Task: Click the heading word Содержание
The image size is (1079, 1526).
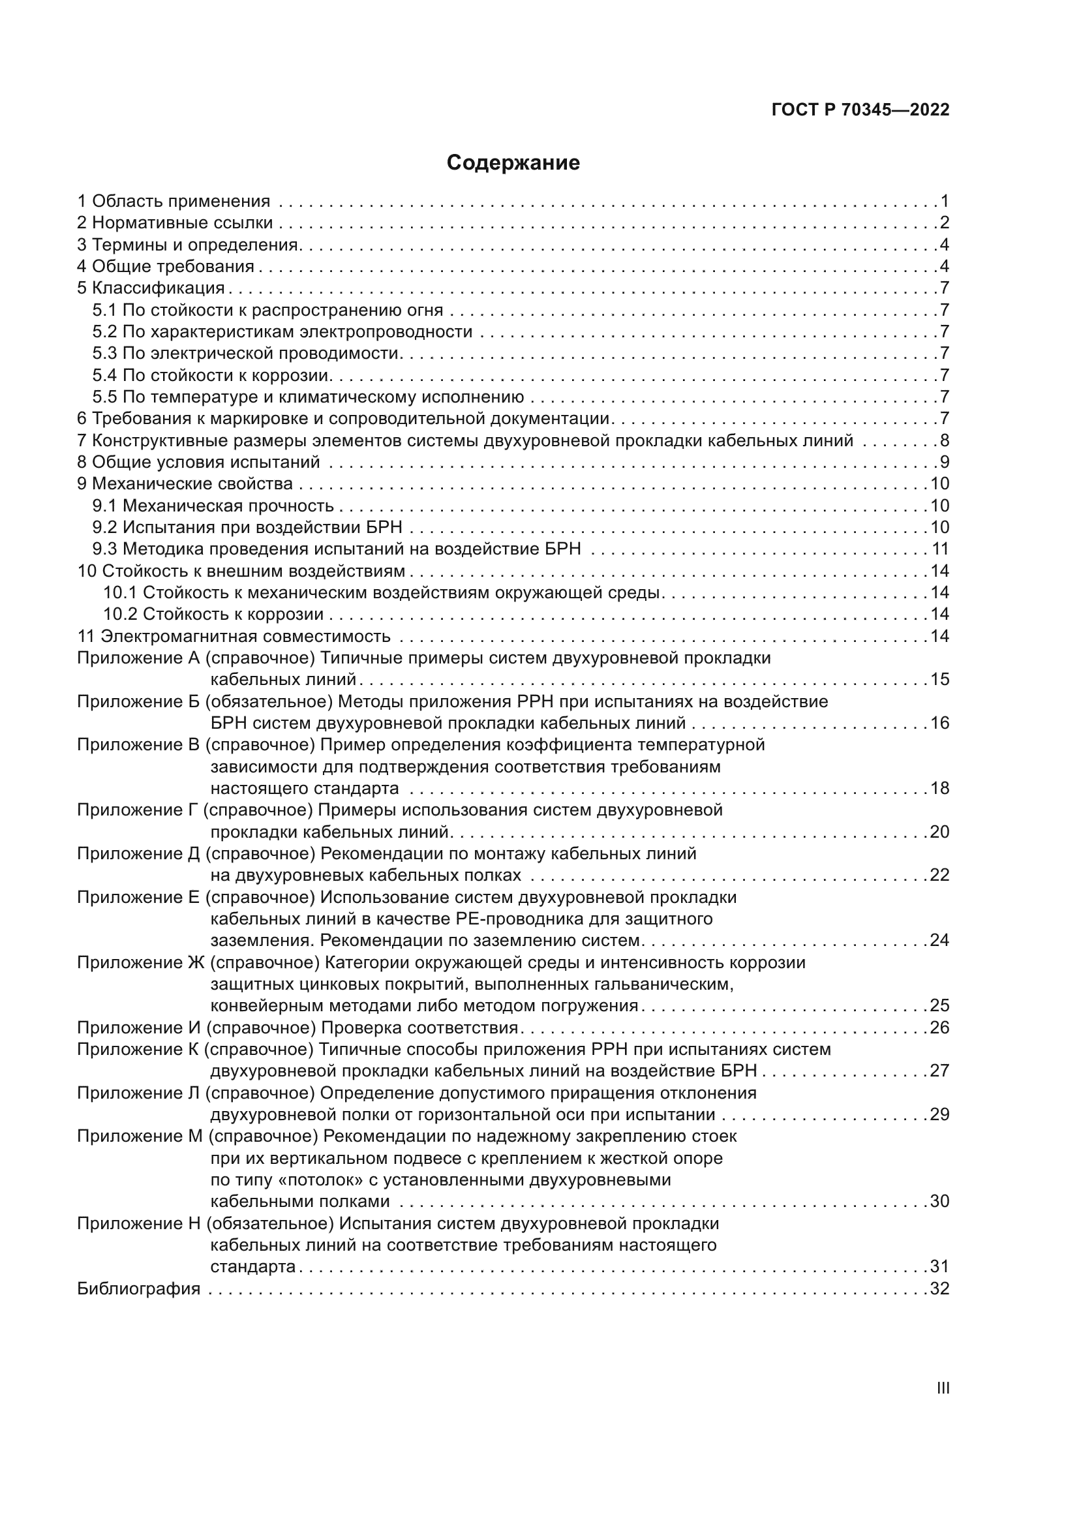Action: [x=513, y=163]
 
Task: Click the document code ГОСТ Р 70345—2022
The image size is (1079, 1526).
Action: [x=860, y=110]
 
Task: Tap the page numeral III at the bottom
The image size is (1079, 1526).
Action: [x=942, y=1388]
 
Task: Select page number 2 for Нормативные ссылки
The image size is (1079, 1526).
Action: [x=944, y=222]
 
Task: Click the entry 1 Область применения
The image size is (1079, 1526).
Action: [x=174, y=201]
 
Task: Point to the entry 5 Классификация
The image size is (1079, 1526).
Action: [x=151, y=288]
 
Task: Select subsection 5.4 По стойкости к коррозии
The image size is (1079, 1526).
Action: [x=211, y=376]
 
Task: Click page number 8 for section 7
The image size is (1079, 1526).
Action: [x=944, y=440]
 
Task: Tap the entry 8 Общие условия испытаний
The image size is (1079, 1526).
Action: [x=198, y=462]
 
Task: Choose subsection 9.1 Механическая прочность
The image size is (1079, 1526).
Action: [x=213, y=506]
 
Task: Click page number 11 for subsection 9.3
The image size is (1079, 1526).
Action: [x=939, y=549]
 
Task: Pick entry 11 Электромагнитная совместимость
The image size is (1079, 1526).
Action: [x=234, y=636]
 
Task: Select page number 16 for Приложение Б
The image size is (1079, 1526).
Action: [x=939, y=722]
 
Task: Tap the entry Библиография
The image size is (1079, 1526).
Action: [x=138, y=1289]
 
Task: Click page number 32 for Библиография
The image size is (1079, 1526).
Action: [x=939, y=1289]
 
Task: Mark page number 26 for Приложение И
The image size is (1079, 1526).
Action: [x=939, y=1028]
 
